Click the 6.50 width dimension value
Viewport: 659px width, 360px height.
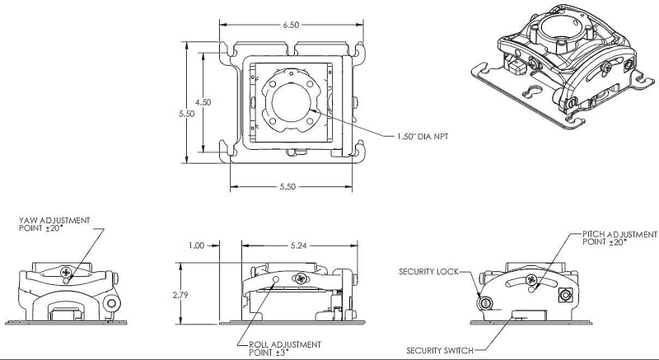[x=291, y=26]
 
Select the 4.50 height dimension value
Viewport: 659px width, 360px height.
[x=203, y=102]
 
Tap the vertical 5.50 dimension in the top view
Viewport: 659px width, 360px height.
[x=187, y=114]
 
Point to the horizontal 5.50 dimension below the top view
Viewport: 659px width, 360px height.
[x=287, y=186]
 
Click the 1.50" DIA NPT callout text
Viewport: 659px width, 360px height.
[x=423, y=137]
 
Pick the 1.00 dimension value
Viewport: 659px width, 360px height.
[x=196, y=245]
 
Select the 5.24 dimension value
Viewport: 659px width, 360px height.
[x=298, y=245]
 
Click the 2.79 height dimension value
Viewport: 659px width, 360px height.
[x=180, y=295]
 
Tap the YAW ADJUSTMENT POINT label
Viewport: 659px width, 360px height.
[x=54, y=224]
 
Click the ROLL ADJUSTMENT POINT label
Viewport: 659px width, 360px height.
[x=285, y=348]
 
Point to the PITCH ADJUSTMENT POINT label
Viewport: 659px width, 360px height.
[x=619, y=238]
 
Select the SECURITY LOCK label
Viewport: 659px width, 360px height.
[x=428, y=272]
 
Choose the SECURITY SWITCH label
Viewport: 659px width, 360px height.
[x=440, y=350]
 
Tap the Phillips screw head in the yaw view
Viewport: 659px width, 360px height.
[x=66, y=272]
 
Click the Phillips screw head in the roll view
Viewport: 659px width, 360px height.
[x=301, y=278]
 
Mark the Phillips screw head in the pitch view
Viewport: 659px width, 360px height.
[x=531, y=279]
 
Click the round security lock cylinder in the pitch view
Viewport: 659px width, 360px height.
[x=485, y=302]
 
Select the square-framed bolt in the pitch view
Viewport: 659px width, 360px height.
[x=564, y=295]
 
